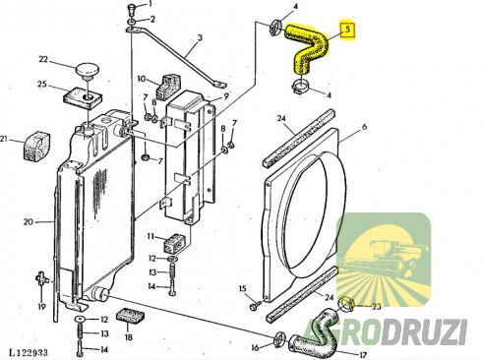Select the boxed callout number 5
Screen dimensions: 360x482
click(x=347, y=30)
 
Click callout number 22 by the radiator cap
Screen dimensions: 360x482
click(x=42, y=60)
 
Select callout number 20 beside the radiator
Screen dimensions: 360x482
click(x=27, y=221)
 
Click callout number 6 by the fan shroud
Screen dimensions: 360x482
click(x=363, y=129)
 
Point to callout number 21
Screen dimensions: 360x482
click(x=5, y=138)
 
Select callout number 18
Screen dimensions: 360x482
click(x=128, y=336)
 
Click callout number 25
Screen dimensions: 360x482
click(x=42, y=85)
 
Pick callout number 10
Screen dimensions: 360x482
click(x=142, y=78)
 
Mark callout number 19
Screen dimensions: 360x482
click(x=42, y=306)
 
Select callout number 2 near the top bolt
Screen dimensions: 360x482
click(x=151, y=20)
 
